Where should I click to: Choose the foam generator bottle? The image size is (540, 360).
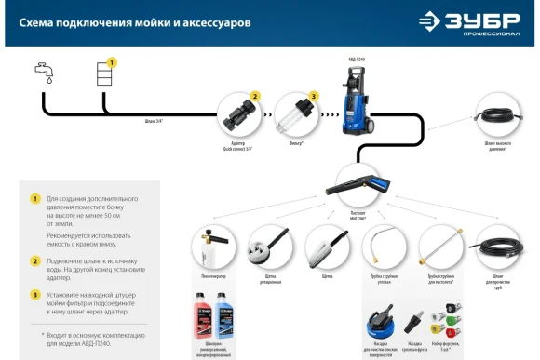209,247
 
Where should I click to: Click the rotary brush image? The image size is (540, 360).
265,247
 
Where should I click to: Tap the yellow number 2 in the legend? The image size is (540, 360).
34,261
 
